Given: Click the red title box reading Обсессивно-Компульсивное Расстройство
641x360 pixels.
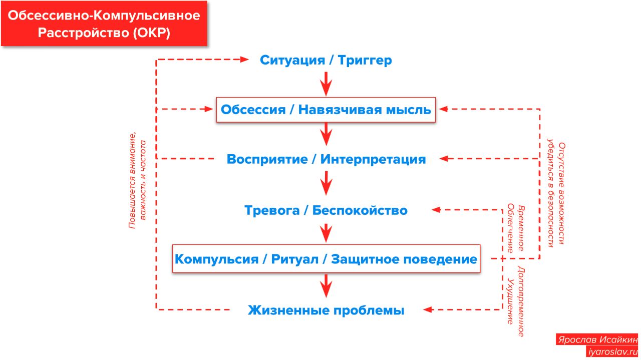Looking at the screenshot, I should coord(104,24).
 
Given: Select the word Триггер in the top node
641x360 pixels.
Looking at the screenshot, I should coord(365,61).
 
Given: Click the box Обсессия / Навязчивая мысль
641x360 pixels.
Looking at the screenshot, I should coord(326,110).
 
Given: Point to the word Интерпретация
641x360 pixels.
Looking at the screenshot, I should coord(373,160).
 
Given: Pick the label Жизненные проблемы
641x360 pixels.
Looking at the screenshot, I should coord(326,310).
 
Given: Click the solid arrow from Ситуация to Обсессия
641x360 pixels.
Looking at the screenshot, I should coord(326,83).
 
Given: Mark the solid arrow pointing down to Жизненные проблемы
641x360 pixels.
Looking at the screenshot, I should coord(326,286).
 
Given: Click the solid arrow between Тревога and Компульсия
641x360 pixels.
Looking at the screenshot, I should coord(326,233).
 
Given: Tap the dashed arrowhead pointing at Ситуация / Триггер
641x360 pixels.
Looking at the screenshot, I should coord(245,60).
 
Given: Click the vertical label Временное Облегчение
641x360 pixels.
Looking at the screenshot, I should coord(516,228).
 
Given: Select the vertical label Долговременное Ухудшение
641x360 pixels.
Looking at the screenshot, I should coord(516,301).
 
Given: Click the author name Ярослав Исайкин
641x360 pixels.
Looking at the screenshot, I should coord(597,339).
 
